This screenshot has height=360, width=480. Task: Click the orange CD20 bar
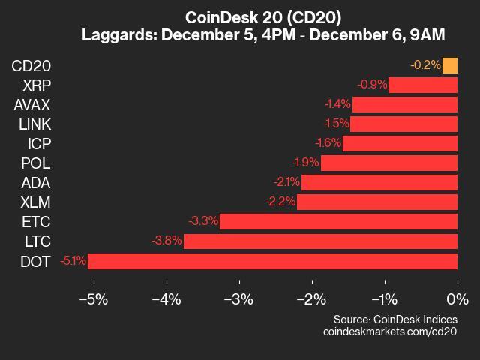(450, 65)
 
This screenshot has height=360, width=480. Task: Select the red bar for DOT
(272, 261)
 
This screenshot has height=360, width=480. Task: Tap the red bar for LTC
(320, 241)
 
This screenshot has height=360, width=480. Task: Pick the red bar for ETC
(338, 221)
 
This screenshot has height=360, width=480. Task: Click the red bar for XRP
(423, 85)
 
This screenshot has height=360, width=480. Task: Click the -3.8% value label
(166, 241)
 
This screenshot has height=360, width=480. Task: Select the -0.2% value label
(425, 65)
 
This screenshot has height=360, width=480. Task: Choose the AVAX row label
(32, 104)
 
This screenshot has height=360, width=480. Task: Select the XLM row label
(36, 202)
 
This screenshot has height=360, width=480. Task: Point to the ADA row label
(36, 182)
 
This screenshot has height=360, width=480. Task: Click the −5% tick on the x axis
(93, 299)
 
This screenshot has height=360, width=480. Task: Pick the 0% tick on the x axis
(456, 299)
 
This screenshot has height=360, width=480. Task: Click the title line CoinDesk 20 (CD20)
(239, 17)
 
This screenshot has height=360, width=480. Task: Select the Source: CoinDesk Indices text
(395, 318)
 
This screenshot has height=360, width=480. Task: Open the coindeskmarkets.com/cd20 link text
(390, 331)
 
